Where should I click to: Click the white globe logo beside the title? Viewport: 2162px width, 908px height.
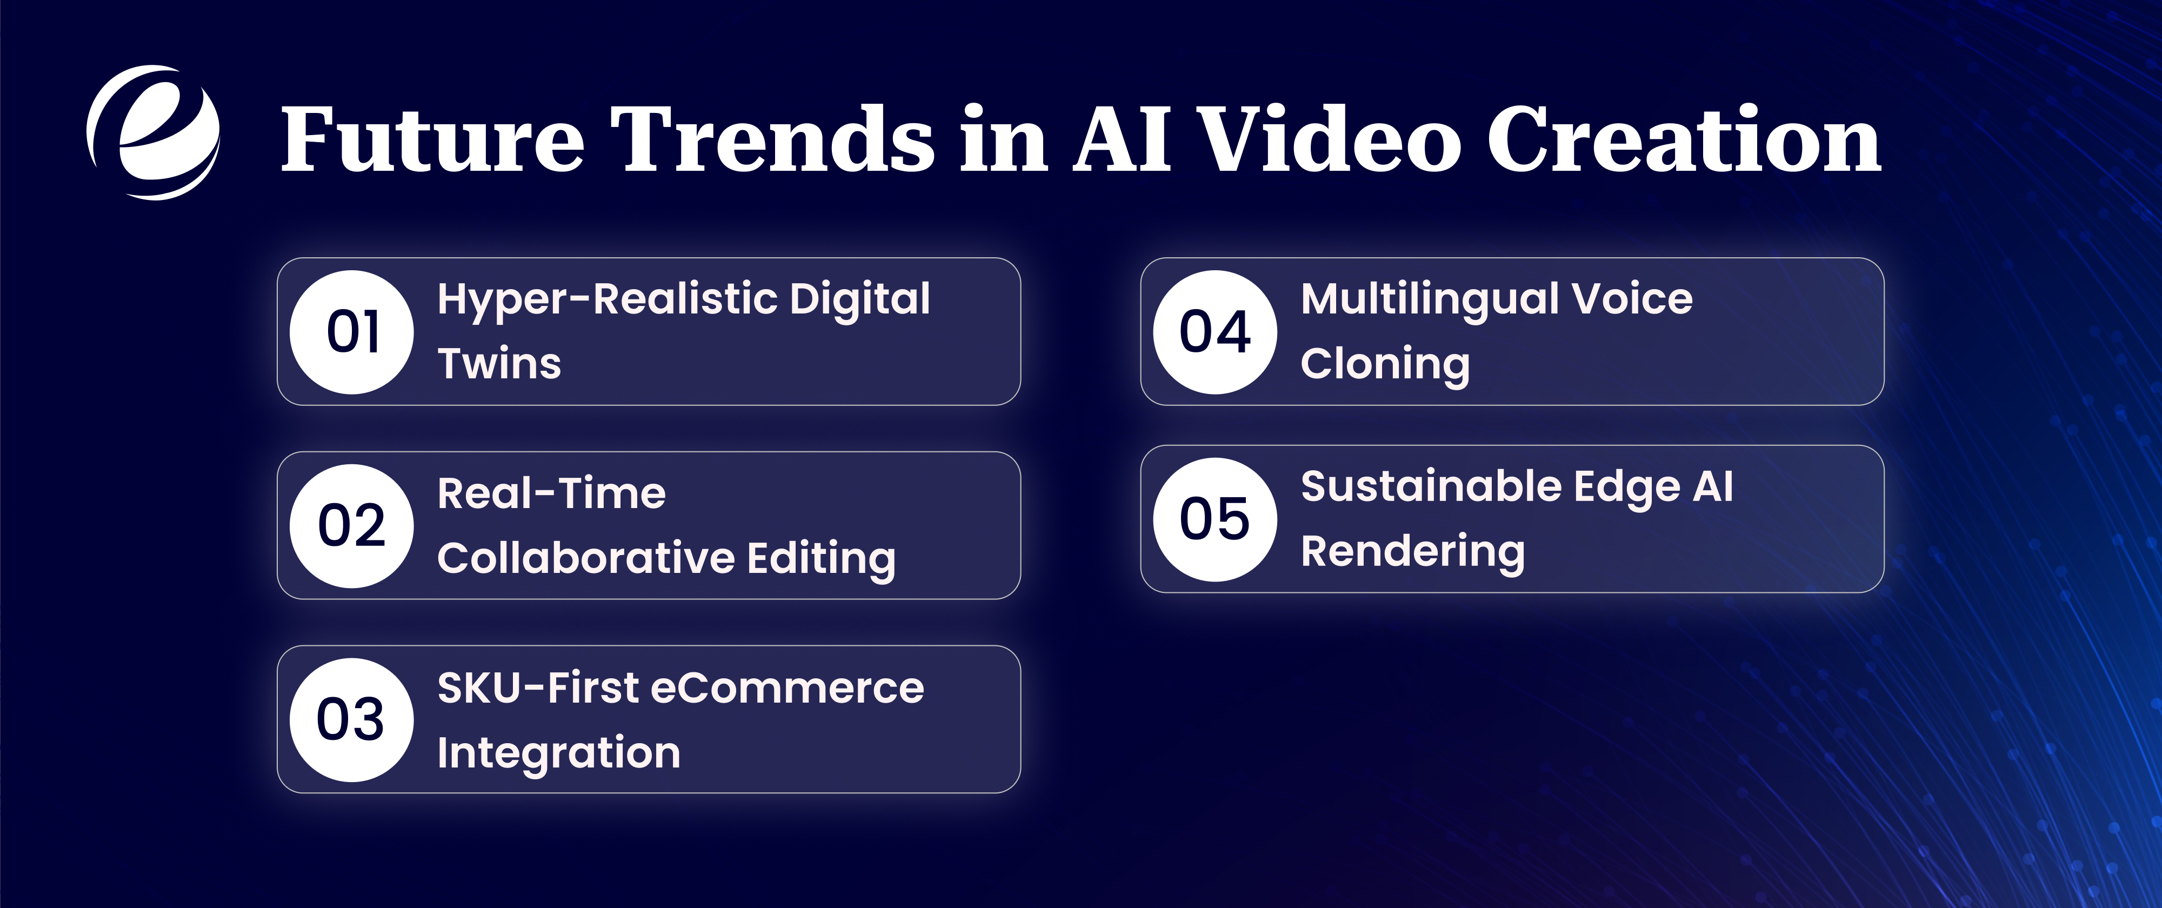click(154, 132)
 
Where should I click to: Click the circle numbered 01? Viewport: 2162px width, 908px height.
click(352, 332)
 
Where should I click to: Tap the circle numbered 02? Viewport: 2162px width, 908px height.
click(352, 526)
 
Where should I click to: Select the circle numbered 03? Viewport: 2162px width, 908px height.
click(352, 720)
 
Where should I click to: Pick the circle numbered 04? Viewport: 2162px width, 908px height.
click(1215, 332)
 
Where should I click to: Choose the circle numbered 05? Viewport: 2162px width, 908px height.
click(1215, 519)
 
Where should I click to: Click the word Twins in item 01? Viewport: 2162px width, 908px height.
click(499, 364)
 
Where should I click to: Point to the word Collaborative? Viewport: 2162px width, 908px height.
click(586, 558)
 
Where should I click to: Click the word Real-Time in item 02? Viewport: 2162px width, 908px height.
click(551, 493)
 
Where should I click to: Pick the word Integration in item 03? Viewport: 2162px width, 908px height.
click(559, 753)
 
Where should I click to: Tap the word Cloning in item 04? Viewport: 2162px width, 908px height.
click(1385, 364)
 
